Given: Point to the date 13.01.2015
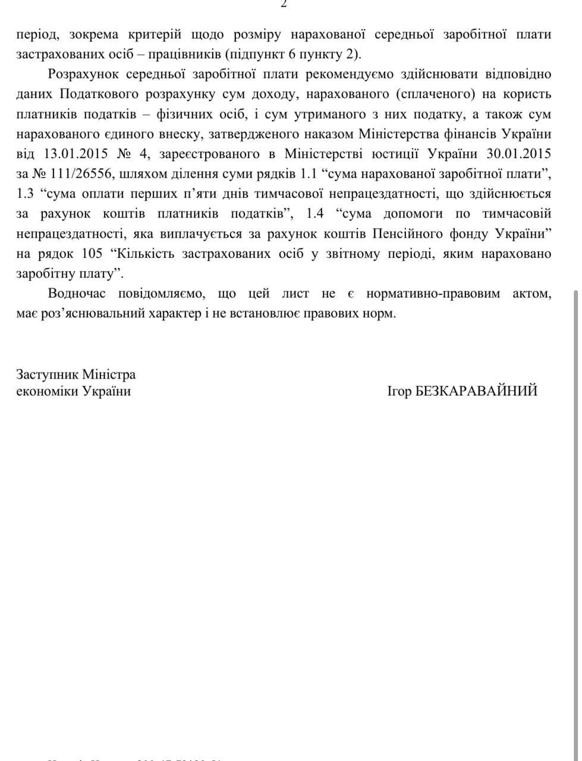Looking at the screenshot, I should (75, 154).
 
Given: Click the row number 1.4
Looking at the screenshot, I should (315, 213).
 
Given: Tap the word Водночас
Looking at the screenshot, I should (77, 294).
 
